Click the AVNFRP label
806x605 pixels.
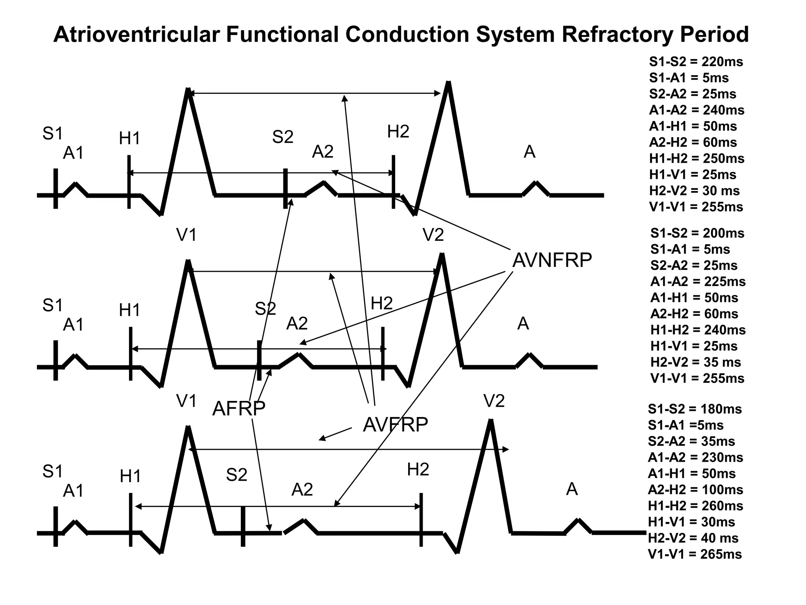coord(552,260)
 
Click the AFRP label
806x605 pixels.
coord(238,408)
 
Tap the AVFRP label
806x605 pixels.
coord(395,425)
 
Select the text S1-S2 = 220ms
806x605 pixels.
coord(696,62)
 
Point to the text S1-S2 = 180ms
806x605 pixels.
coord(695,409)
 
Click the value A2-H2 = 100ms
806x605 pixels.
coord(695,490)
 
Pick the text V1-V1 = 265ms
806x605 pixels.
coord(695,554)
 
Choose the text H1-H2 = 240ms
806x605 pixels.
coord(698,330)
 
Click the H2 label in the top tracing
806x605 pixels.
coord(398,132)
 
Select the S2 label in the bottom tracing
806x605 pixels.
coord(237,475)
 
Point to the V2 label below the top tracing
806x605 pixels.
coord(433,235)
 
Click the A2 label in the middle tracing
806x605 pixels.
coord(297,324)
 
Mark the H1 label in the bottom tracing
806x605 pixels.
coord(130,477)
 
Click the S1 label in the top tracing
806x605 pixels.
coord(53,134)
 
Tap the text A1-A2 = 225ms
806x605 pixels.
coord(698,282)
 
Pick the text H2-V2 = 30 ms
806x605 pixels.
coord(694,191)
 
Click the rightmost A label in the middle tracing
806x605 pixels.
coord(523,324)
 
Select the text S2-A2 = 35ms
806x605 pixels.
coord(691,442)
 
